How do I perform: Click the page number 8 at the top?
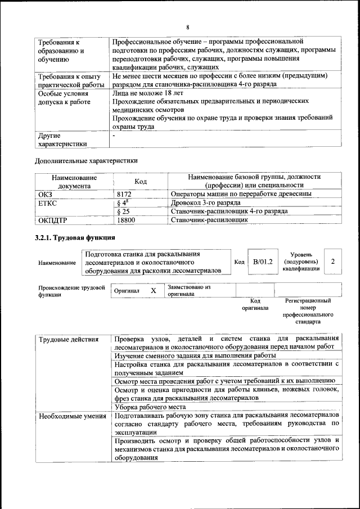[187, 28]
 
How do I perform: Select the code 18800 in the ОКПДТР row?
[126, 220]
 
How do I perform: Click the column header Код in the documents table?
[141, 182]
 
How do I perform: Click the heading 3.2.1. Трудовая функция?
[75, 238]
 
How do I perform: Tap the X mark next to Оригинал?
[153, 291]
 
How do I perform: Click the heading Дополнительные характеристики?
[86, 161]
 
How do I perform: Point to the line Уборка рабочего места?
[150, 407]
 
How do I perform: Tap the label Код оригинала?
[255, 304]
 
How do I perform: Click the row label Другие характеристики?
[62, 139]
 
